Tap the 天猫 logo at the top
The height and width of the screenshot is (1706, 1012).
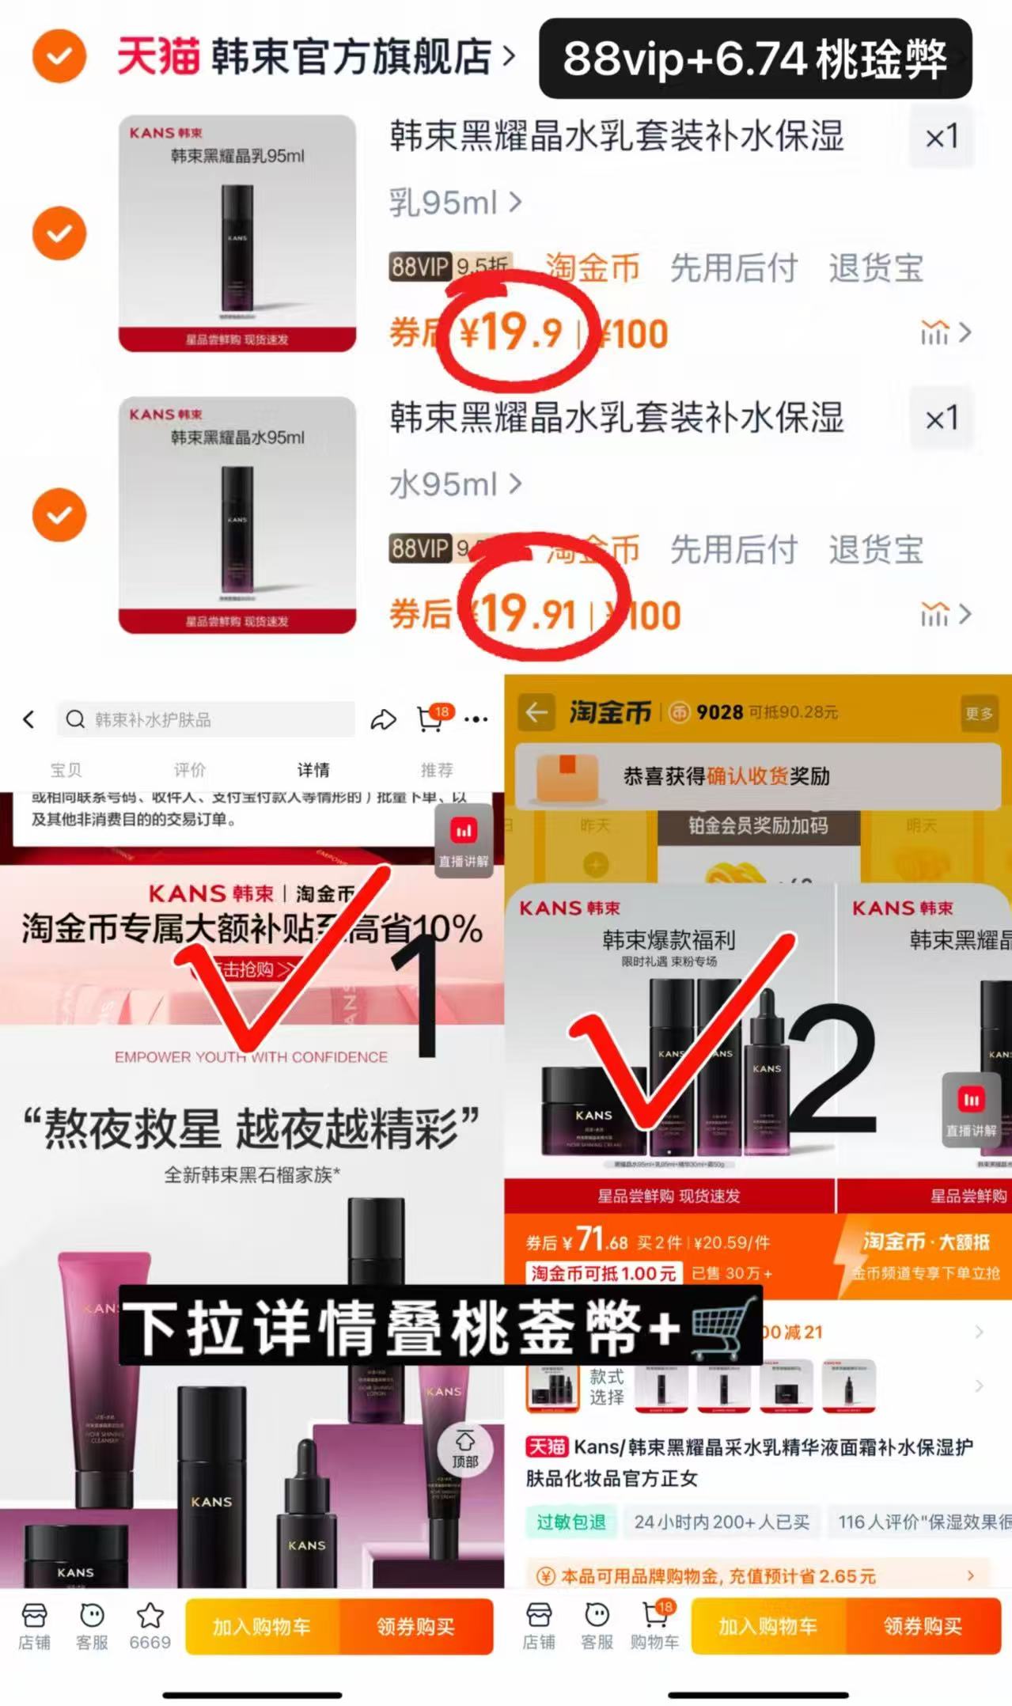[157, 57]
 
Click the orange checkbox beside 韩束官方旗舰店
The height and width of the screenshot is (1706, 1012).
[59, 56]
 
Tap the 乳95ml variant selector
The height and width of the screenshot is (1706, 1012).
[455, 203]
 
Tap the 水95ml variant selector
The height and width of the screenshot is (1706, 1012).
[455, 484]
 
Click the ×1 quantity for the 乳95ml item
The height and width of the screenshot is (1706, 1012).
[941, 137]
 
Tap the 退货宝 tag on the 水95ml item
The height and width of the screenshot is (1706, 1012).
[876, 549]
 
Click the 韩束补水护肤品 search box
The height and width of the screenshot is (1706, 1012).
[206, 719]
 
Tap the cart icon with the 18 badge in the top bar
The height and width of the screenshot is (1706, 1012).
[430, 718]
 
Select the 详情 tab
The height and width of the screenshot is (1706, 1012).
[313, 770]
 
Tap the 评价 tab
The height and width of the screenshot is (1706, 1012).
[190, 770]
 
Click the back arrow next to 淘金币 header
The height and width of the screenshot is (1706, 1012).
[536, 712]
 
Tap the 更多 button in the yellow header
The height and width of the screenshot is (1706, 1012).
[978, 713]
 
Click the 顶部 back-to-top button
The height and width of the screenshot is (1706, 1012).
[465, 1450]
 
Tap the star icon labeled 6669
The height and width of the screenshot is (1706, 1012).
[150, 1625]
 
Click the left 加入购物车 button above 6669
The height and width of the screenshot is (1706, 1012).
[262, 1626]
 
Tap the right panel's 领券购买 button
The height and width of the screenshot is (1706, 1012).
[923, 1626]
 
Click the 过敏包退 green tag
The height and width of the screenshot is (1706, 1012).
[570, 1522]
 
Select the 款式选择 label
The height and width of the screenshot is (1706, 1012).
[606, 1386]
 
